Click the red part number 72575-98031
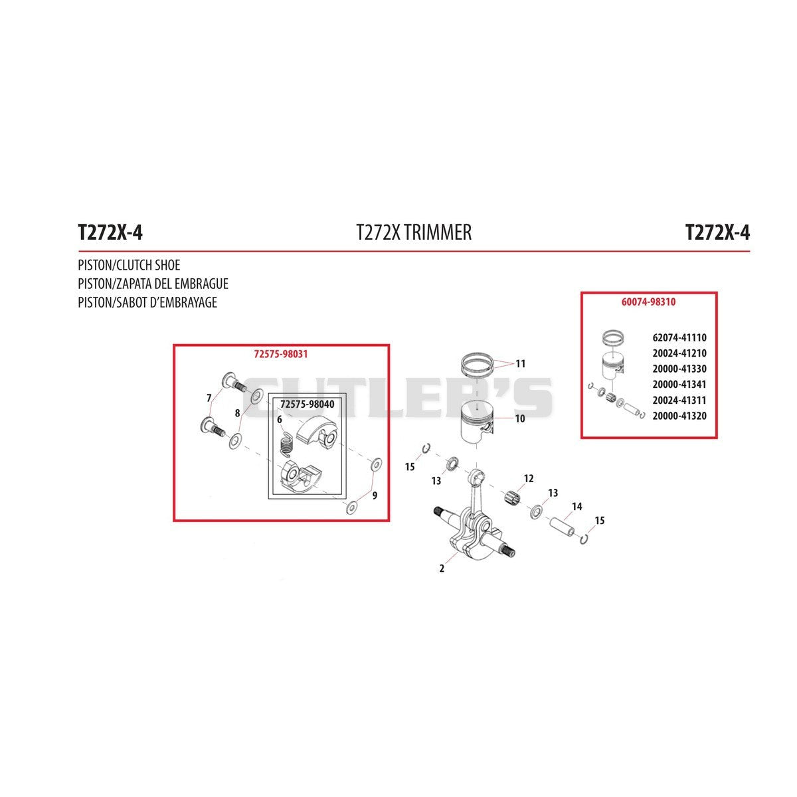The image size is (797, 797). (281, 354)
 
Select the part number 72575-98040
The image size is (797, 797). (308, 404)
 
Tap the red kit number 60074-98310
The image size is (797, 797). (648, 302)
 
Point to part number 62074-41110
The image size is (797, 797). (679, 337)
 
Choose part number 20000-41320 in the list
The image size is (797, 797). (679, 416)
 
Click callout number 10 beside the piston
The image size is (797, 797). (520, 418)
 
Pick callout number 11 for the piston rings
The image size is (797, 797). (520, 363)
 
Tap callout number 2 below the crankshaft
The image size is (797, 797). (442, 569)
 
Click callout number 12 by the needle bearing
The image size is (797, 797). (529, 478)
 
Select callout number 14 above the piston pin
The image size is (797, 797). (577, 506)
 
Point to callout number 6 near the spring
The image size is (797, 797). (280, 420)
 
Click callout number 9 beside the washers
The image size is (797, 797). (375, 495)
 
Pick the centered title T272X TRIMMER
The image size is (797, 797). (414, 232)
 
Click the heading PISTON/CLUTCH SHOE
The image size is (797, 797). (129, 265)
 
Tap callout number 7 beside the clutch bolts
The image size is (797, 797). (209, 398)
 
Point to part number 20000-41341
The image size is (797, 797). (679, 385)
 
